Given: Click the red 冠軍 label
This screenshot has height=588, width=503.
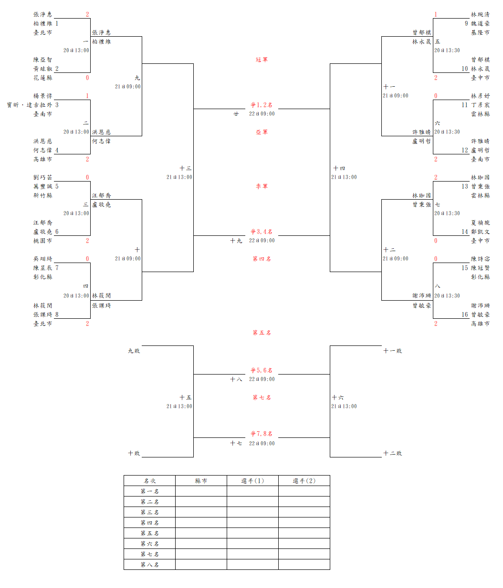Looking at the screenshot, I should pos(262,60).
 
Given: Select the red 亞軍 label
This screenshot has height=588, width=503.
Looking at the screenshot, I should pos(262,132).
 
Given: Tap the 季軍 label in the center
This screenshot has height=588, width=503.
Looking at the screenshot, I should pos(262,186).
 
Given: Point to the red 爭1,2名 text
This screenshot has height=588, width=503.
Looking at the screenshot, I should pos(262,105).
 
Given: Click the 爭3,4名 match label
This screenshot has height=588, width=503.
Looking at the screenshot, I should pos(262,232).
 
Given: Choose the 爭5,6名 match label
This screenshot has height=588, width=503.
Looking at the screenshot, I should pos(262,370).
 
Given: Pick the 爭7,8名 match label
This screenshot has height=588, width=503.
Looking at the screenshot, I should pos(262,434).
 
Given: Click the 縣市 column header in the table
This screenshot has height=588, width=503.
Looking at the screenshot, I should pos(201,481).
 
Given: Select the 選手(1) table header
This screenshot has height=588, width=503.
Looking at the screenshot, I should pos(252,481).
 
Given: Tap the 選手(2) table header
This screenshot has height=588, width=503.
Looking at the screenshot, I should pos(304,481).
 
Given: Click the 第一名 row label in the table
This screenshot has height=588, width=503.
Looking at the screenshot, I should pos(149,491).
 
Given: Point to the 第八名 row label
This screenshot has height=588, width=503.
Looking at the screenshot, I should pos(149,565).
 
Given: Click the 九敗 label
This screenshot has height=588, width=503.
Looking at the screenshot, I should pos(134,351).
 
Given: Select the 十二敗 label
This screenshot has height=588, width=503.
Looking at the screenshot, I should pos(392,453).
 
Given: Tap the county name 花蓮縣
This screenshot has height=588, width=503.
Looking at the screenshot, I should pos(42,78).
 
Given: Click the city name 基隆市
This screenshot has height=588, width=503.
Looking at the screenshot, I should pos(480,32).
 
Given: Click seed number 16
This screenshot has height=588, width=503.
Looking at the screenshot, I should pos(464,314).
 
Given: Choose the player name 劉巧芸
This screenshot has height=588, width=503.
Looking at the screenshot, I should pos(42,177).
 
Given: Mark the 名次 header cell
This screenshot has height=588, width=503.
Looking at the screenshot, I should pos(149,481).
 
